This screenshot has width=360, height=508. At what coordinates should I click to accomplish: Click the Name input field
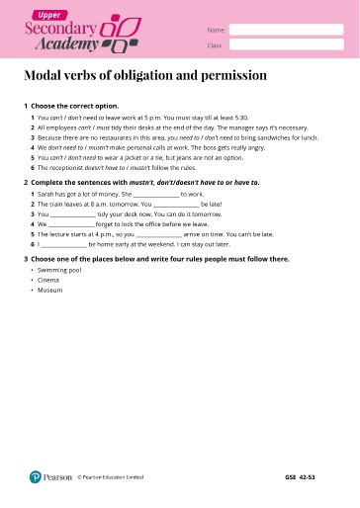point(287,30)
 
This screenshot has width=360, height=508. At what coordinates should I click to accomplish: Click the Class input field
point(287,45)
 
